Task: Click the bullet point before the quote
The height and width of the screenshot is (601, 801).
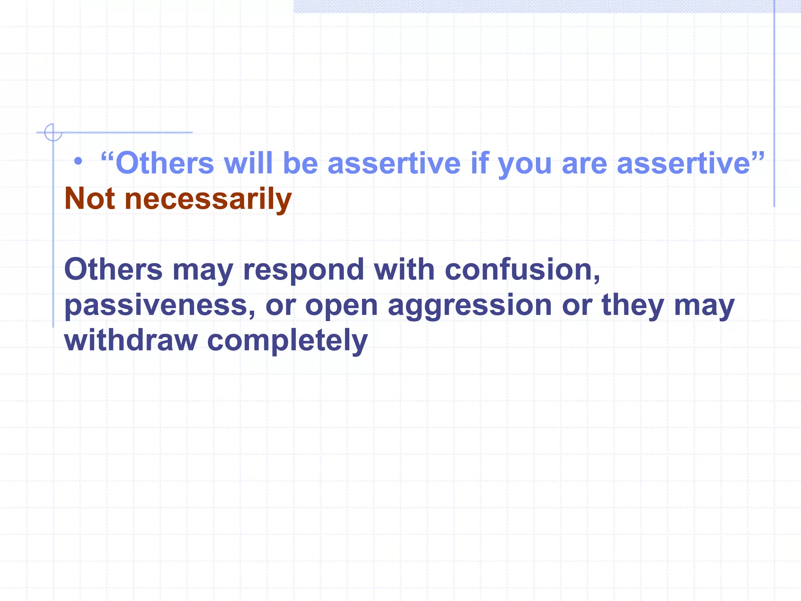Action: click(x=78, y=161)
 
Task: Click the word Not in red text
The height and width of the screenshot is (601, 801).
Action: click(x=90, y=199)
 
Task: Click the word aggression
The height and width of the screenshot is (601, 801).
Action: click(x=470, y=306)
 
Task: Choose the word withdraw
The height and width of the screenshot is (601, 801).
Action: click(x=131, y=340)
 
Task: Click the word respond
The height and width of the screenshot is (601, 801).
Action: click(x=304, y=270)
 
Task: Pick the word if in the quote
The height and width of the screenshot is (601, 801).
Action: click(x=480, y=163)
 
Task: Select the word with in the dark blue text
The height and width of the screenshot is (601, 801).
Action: click(x=404, y=270)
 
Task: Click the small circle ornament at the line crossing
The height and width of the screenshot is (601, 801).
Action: click(x=53, y=132)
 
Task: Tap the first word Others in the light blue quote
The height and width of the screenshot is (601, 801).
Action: click(x=165, y=163)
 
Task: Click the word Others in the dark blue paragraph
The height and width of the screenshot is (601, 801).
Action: click(x=113, y=270)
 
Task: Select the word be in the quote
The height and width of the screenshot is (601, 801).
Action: click(x=300, y=163)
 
